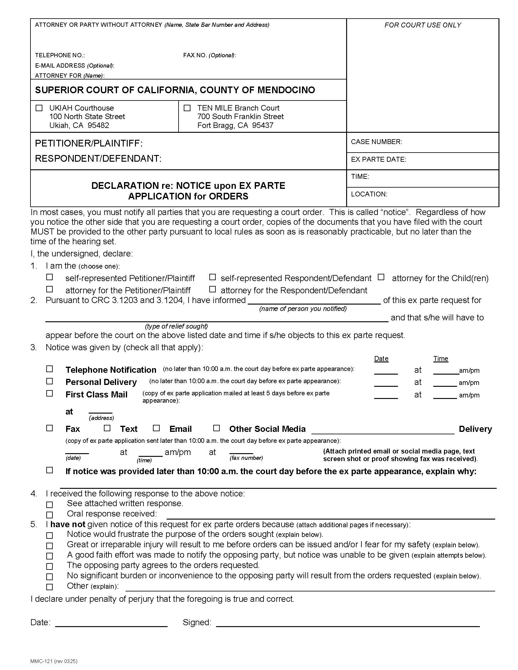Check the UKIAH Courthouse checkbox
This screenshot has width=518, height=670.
click(x=39, y=108)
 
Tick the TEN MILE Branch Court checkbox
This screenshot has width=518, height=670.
click(x=187, y=108)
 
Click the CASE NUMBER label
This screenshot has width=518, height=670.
click(x=376, y=142)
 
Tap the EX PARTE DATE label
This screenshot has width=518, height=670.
click(x=378, y=159)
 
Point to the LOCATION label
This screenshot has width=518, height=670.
click(x=369, y=194)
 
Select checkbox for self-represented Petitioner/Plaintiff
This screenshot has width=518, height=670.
click(x=49, y=277)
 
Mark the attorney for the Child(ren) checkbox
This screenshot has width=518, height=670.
click(x=381, y=277)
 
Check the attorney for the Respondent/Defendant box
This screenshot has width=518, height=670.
click(x=212, y=289)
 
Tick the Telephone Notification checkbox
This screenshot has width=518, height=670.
click(x=49, y=369)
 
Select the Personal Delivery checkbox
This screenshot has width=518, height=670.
click(x=49, y=381)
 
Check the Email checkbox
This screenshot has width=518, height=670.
click(x=157, y=428)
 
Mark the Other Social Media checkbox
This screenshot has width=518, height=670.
click(x=216, y=428)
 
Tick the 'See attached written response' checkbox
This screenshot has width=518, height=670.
click(x=49, y=505)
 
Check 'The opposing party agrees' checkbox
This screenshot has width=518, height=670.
click(x=49, y=566)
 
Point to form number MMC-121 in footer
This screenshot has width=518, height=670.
click(x=54, y=661)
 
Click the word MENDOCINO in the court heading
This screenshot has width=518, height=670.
click(x=286, y=90)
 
